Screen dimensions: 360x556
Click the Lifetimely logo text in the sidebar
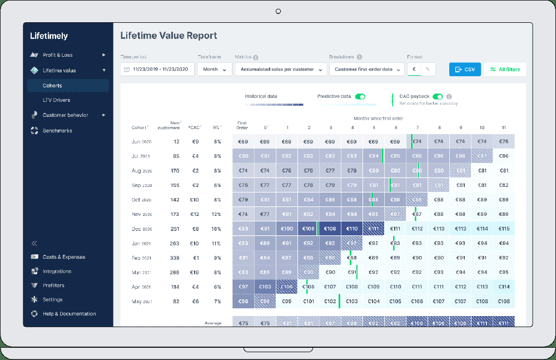(49, 36)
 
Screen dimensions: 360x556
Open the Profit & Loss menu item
(58, 55)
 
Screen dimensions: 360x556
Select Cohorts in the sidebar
(52, 86)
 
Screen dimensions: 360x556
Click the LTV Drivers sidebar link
(56, 100)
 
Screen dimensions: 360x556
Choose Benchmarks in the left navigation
(57, 131)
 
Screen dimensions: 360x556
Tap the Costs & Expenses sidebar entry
(64, 257)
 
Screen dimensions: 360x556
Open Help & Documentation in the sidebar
(69, 314)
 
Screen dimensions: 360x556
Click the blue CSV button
(465, 70)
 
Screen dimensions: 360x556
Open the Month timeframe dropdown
(215, 70)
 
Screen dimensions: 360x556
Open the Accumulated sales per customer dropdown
(281, 70)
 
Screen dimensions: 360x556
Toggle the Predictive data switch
(360, 96)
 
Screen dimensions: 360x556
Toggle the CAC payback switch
(438, 96)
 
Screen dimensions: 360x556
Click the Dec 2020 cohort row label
(142, 229)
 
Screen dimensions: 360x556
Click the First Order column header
(242, 125)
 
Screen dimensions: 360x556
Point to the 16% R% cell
(216, 229)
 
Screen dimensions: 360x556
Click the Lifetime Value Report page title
(168, 36)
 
